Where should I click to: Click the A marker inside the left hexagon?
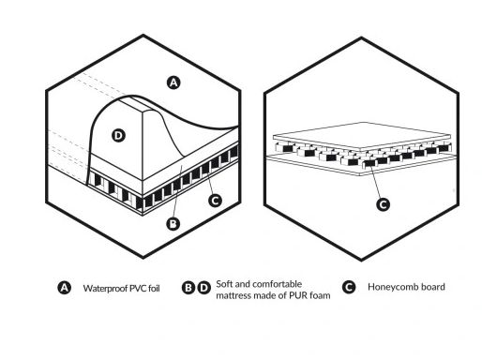coord(173,82)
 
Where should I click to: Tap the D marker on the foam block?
coord(118,136)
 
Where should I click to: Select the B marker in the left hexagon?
coord(173,224)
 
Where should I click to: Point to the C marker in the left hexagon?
coord(215,201)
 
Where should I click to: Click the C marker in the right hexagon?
coord(383,204)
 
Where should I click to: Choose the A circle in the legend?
coord(65,288)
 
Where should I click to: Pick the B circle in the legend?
coord(188,288)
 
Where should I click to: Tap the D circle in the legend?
coord(203,288)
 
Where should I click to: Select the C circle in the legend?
coord(349,287)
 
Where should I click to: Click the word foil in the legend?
coord(155,288)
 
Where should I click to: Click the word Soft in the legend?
coord(224,284)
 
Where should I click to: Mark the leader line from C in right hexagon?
coord(376,182)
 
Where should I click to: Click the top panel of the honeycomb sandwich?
coord(362,136)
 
